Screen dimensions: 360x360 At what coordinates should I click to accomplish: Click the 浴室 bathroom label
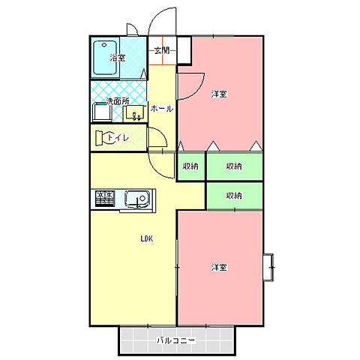118,58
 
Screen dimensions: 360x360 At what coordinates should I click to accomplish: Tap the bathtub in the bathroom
106,58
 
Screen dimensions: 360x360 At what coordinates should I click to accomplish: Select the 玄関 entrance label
162,50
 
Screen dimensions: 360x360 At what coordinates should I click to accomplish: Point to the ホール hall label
162,109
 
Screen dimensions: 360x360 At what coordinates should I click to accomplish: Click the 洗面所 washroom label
118,101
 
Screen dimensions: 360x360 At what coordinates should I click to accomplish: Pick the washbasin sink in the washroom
135,113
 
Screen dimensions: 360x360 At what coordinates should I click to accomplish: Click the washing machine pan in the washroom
102,112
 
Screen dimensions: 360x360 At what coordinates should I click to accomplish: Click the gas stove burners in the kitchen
105,199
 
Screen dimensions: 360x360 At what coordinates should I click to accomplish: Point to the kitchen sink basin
137,199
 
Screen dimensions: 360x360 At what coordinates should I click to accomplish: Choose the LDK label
147,238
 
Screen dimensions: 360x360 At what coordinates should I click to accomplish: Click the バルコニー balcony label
175,340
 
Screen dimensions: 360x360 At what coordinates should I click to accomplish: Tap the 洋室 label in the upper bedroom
219,94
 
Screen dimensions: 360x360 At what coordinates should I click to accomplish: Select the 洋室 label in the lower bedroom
219,268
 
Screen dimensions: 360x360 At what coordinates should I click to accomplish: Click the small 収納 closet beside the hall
191,166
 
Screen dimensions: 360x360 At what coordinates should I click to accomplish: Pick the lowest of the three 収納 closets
235,196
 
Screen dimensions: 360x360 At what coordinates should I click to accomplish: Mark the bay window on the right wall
268,268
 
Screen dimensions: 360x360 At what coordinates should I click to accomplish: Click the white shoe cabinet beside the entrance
184,50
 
